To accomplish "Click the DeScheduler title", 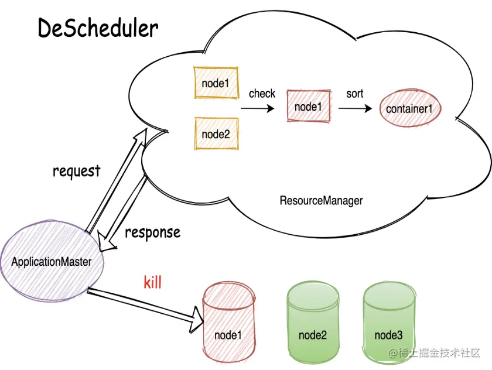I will click(x=98, y=28).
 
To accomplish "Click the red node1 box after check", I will click(x=308, y=107).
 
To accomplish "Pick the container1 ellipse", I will click(x=409, y=108).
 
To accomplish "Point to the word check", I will click(x=262, y=94).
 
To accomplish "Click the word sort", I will click(x=355, y=94).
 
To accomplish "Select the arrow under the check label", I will click(x=258, y=108).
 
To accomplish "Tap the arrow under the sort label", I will click(x=356, y=108).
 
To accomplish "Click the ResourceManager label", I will click(x=321, y=200).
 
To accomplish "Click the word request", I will click(x=77, y=172).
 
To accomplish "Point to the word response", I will click(x=152, y=232).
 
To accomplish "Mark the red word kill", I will click(x=152, y=283).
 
